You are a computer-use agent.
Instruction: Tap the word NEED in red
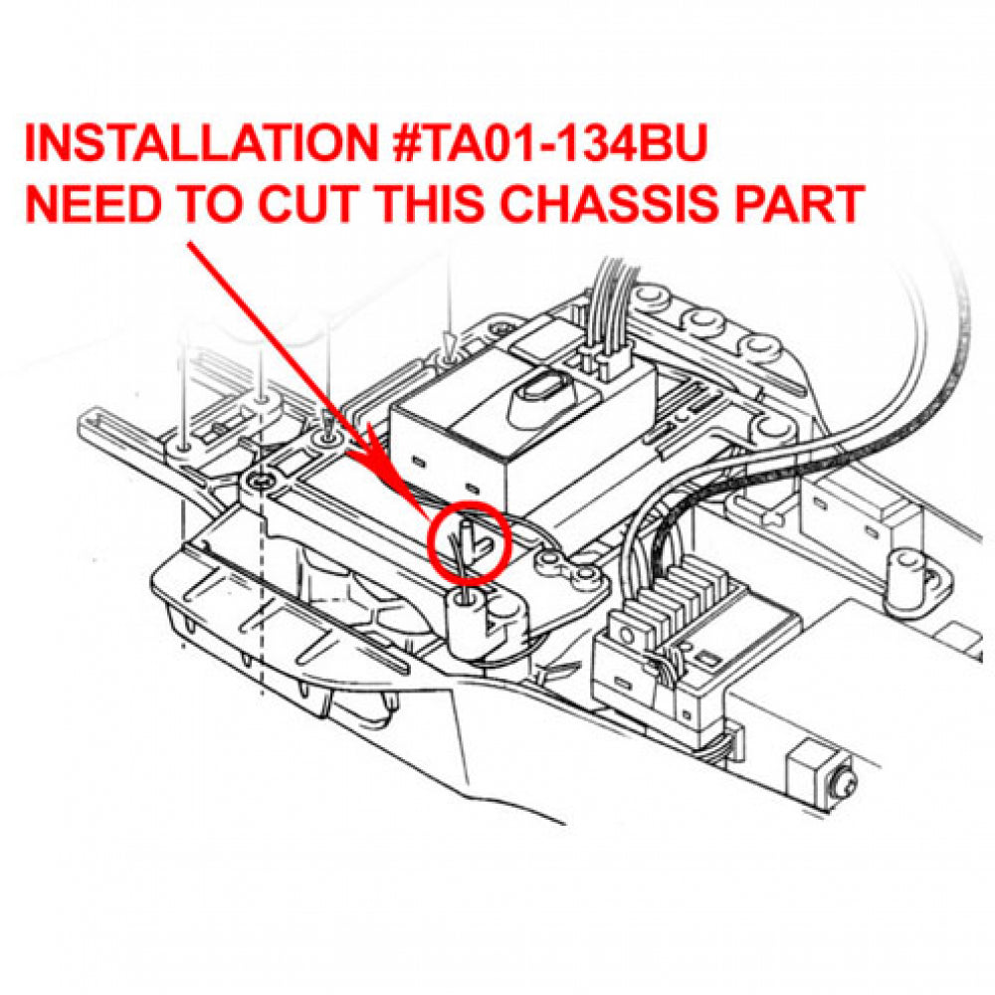(x=91, y=204)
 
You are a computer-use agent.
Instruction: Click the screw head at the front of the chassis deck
(x=259, y=483)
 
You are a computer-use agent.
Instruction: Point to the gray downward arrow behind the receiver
(x=450, y=347)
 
